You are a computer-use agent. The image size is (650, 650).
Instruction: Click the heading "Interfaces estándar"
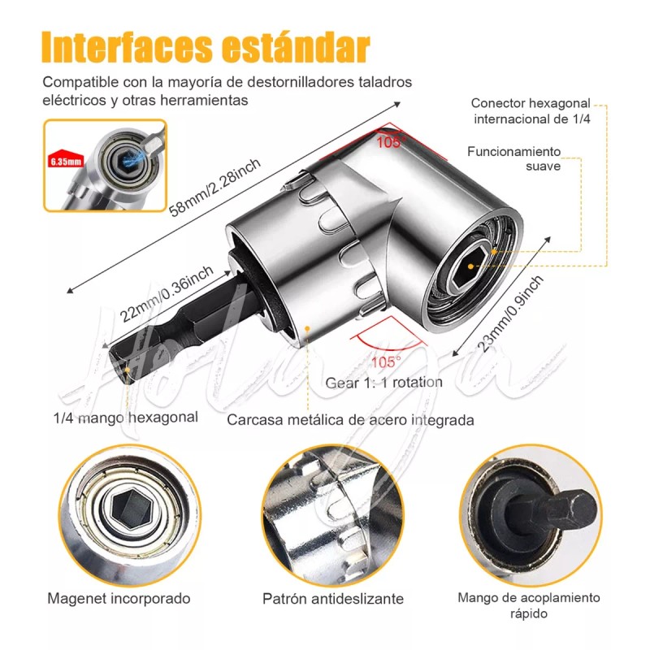(206, 48)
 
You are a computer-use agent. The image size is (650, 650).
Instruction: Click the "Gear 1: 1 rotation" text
(384, 382)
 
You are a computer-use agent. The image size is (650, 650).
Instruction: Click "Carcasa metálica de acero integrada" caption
(350, 420)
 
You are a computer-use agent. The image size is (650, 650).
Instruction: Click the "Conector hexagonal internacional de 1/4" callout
(531, 110)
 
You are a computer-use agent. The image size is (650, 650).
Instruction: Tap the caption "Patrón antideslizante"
(333, 599)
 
